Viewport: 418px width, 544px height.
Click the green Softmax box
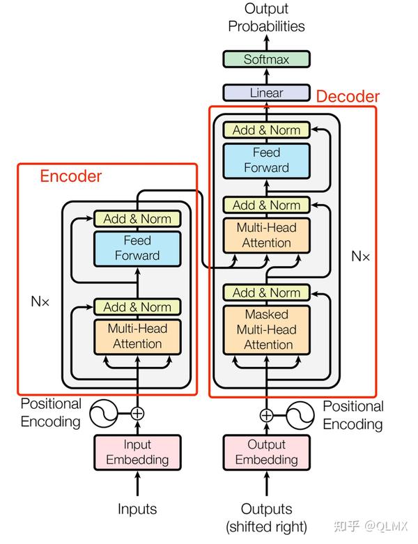266,59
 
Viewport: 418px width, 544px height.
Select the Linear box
266,93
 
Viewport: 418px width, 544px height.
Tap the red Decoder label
348,96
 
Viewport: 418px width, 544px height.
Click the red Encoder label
71,176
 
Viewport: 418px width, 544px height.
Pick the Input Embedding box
137,453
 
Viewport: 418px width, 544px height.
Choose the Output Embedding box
266,453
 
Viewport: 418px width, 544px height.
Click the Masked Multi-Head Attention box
266,329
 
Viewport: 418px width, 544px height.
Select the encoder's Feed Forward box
137,249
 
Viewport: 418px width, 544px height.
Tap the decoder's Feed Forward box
266,161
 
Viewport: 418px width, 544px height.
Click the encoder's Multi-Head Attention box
137,336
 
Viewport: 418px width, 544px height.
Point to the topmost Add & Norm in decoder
266,130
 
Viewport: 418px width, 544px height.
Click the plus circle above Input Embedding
137,413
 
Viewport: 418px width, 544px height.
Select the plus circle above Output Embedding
266,415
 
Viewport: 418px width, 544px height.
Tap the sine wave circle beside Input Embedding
103,413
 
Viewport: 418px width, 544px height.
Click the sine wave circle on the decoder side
300,415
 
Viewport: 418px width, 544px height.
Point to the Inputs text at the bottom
137,509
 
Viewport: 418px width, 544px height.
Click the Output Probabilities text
266,17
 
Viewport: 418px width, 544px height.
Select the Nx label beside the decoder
360,256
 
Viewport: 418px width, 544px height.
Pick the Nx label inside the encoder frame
40,301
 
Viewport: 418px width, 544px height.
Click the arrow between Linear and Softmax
266,76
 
